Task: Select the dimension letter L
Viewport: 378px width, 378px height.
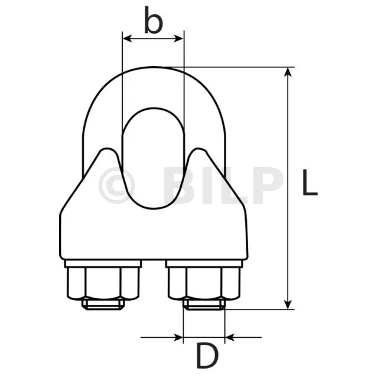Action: (x=309, y=182)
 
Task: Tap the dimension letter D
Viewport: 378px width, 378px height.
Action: (x=207, y=356)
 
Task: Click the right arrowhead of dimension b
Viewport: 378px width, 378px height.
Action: (x=179, y=38)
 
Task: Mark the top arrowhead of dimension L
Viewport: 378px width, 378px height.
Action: (x=288, y=72)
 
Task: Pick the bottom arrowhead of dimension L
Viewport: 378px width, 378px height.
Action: (x=288, y=305)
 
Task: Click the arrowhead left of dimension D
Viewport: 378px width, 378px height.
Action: (x=178, y=337)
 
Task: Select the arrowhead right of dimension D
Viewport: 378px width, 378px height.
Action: (x=230, y=337)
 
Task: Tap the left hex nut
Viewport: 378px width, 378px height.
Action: (x=103, y=283)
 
